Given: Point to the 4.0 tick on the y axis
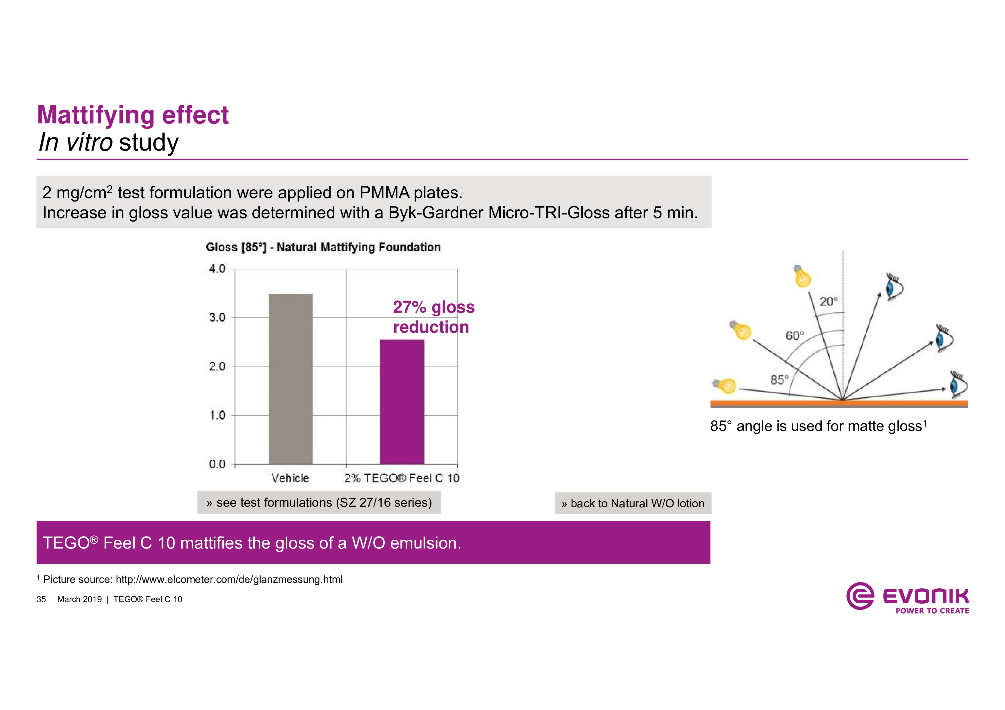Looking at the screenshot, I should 217,269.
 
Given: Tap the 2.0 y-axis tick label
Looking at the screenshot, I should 217,366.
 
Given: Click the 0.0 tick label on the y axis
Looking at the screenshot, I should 217,464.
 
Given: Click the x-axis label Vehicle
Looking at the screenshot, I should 290,478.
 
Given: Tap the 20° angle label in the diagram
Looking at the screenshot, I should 829,301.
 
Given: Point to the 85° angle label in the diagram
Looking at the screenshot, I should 779,380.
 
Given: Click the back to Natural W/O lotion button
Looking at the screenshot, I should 633,504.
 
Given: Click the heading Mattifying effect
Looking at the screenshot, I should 133,115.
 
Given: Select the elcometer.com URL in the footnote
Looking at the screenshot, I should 229,580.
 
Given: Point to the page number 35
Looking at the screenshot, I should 41,599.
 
